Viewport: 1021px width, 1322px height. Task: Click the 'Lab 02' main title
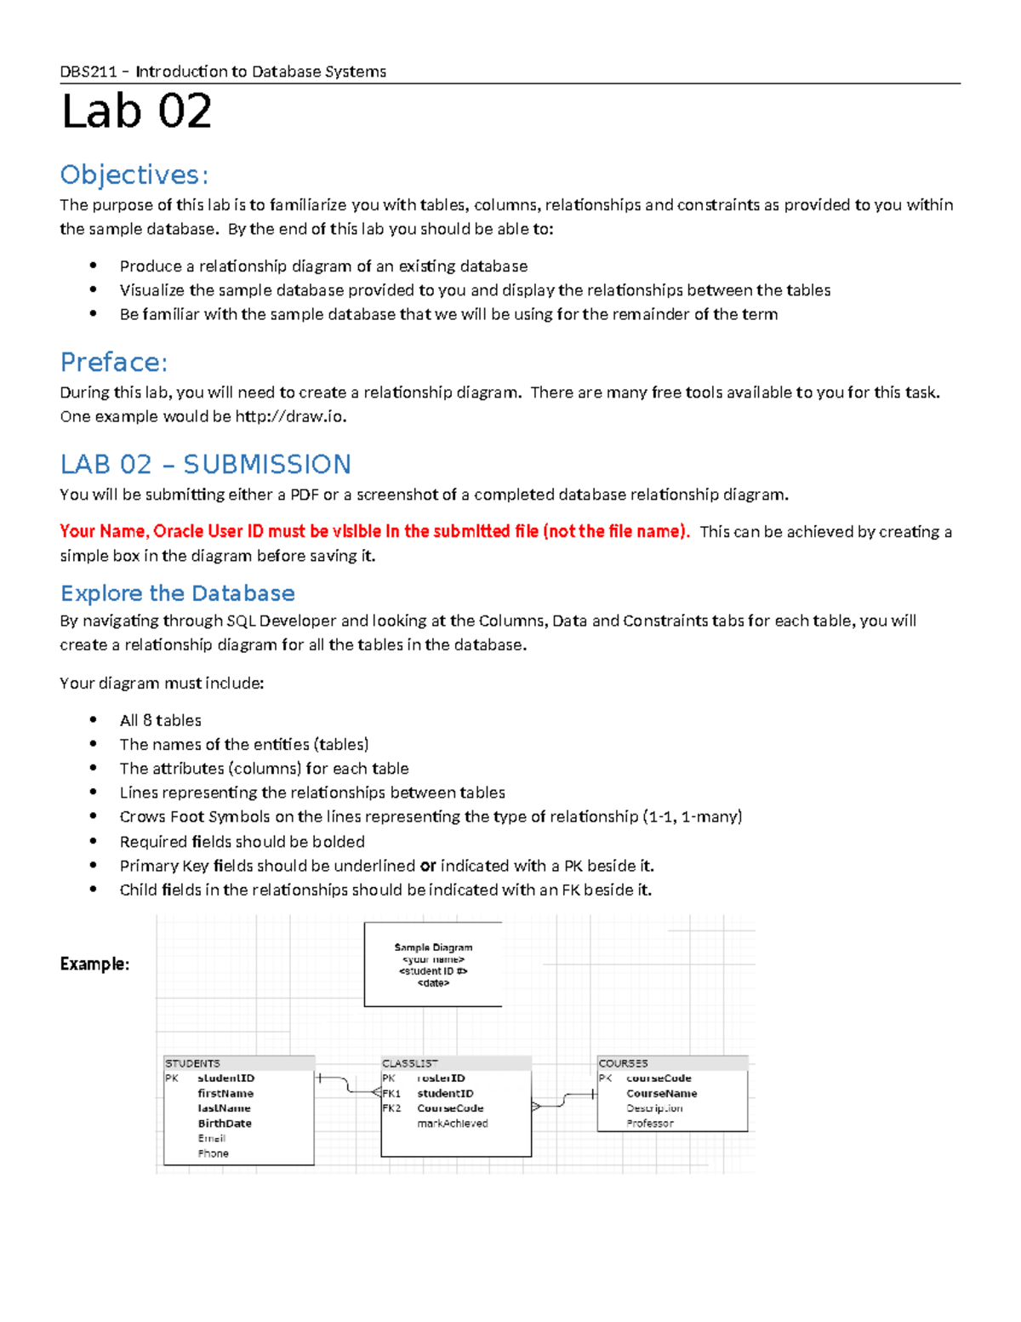pos(136,112)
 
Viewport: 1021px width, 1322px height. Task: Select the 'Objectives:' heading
pos(134,175)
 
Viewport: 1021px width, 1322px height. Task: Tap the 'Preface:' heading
pos(114,363)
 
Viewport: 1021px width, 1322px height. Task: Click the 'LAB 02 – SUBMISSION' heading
pos(205,464)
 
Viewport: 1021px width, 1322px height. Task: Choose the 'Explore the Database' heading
pos(177,593)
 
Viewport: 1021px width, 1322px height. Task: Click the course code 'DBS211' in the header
pos(88,72)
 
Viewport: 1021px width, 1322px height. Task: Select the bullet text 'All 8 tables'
pos(160,720)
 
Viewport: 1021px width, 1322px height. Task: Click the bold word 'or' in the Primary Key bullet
pos(427,866)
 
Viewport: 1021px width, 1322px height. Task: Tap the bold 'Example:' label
pos(94,964)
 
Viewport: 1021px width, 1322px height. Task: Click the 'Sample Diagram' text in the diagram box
pos(433,947)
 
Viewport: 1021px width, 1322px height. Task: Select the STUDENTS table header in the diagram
pos(192,1063)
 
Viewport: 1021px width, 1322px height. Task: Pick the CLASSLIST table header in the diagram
pos(409,1063)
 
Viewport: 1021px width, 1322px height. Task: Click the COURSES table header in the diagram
pos(623,1063)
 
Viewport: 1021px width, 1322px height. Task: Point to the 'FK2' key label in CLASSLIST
pos(391,1108)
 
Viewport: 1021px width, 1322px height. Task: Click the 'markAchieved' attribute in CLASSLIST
pos(452,1124)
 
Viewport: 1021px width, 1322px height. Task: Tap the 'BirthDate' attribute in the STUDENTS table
pos(225,1124)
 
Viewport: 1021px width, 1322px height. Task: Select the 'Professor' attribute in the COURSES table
pos(649,1124)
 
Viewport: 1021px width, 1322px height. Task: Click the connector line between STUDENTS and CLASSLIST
pos(347,1085)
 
